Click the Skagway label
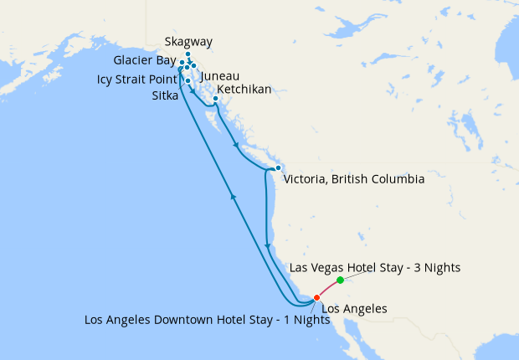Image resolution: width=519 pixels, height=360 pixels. pyautogui.click(x=188, y=42)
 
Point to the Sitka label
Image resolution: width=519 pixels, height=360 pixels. pyautogui.click(x=165, y=96)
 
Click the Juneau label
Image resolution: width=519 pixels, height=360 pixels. pyautogui.click(x=220, y=75)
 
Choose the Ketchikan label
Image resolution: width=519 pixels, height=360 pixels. pyautogui.click(x=244, y=90)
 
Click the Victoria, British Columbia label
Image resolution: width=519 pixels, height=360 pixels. pyautogui.click(x=354, y=179)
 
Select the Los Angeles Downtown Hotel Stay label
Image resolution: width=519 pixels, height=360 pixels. pyautogui.click(x=201, y=320)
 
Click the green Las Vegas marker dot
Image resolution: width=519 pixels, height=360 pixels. pyautogui.click(x=340, y=280)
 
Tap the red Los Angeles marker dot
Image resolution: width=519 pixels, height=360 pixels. pyautogui.click(x=316, y=297)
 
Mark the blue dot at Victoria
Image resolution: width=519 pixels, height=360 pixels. pyautogui.click(x=278, y=168)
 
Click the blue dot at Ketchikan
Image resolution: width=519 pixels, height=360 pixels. pyautogui.click(x=215, y=99)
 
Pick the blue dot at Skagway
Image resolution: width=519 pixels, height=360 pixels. pyautogui.click(x=188, y=54)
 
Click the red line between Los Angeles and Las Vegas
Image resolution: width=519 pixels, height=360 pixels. pyautogui.click(x=328, y=287)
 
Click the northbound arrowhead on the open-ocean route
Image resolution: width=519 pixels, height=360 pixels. pyautogui.click(x=233, y=197)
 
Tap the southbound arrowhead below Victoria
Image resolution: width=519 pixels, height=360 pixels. pyautogui.click(x=267, y=246)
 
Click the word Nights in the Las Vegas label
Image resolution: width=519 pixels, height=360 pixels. pyautogui.click(x=441, y=268)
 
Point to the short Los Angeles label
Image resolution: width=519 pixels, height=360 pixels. pyautogui.click(x=354, y=308)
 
